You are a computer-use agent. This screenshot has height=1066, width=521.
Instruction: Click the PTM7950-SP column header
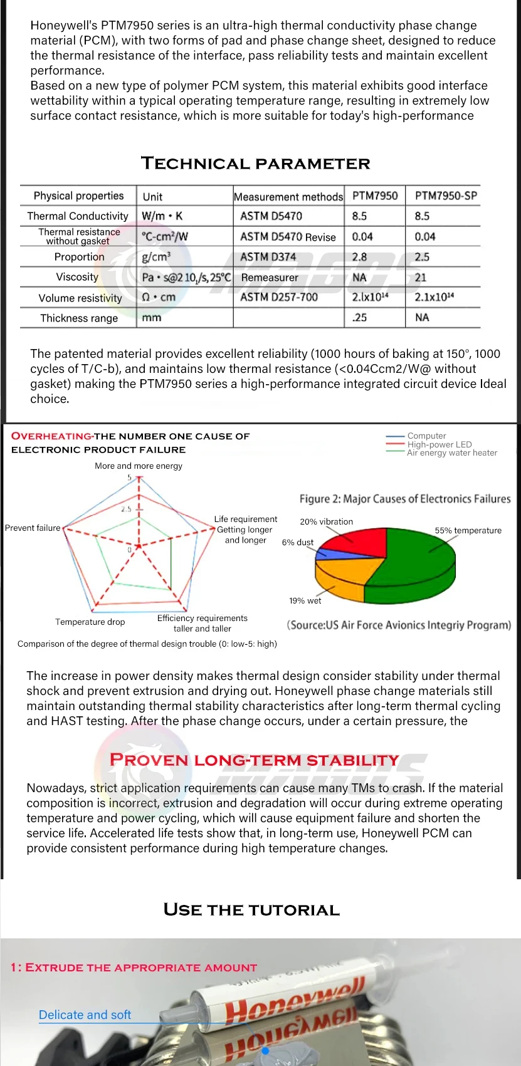(446, 196)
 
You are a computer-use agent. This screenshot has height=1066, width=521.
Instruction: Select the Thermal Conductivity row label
(78, 216)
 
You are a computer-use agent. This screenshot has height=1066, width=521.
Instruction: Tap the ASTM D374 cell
(268, 257)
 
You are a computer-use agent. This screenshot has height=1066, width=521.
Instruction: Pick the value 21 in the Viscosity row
(421, 277)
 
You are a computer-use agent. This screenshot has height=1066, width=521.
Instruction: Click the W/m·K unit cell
(162, 216)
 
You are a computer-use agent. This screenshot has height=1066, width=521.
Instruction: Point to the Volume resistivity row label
(80, 298)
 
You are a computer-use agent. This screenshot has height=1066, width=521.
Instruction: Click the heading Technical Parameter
(256, 164)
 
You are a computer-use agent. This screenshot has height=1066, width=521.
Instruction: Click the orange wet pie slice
(339, 573)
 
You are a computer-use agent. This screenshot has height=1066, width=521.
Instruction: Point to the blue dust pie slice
(325, 553)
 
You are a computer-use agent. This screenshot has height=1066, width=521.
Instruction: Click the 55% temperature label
(468, 530)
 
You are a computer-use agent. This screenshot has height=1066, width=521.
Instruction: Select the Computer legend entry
(426, 436)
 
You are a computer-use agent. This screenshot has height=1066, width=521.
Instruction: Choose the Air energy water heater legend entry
(451, 452)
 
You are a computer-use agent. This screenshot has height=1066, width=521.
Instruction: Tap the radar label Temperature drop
(90, 622)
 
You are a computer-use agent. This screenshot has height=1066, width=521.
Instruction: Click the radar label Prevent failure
(33, 528)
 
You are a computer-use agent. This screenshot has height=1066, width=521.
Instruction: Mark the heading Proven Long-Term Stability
(254, 760)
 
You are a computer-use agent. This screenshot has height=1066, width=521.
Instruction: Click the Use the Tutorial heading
(251, 910)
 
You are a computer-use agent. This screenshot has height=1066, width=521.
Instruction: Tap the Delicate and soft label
(85, 1015)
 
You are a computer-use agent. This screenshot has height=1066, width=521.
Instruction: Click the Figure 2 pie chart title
(404, 499)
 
